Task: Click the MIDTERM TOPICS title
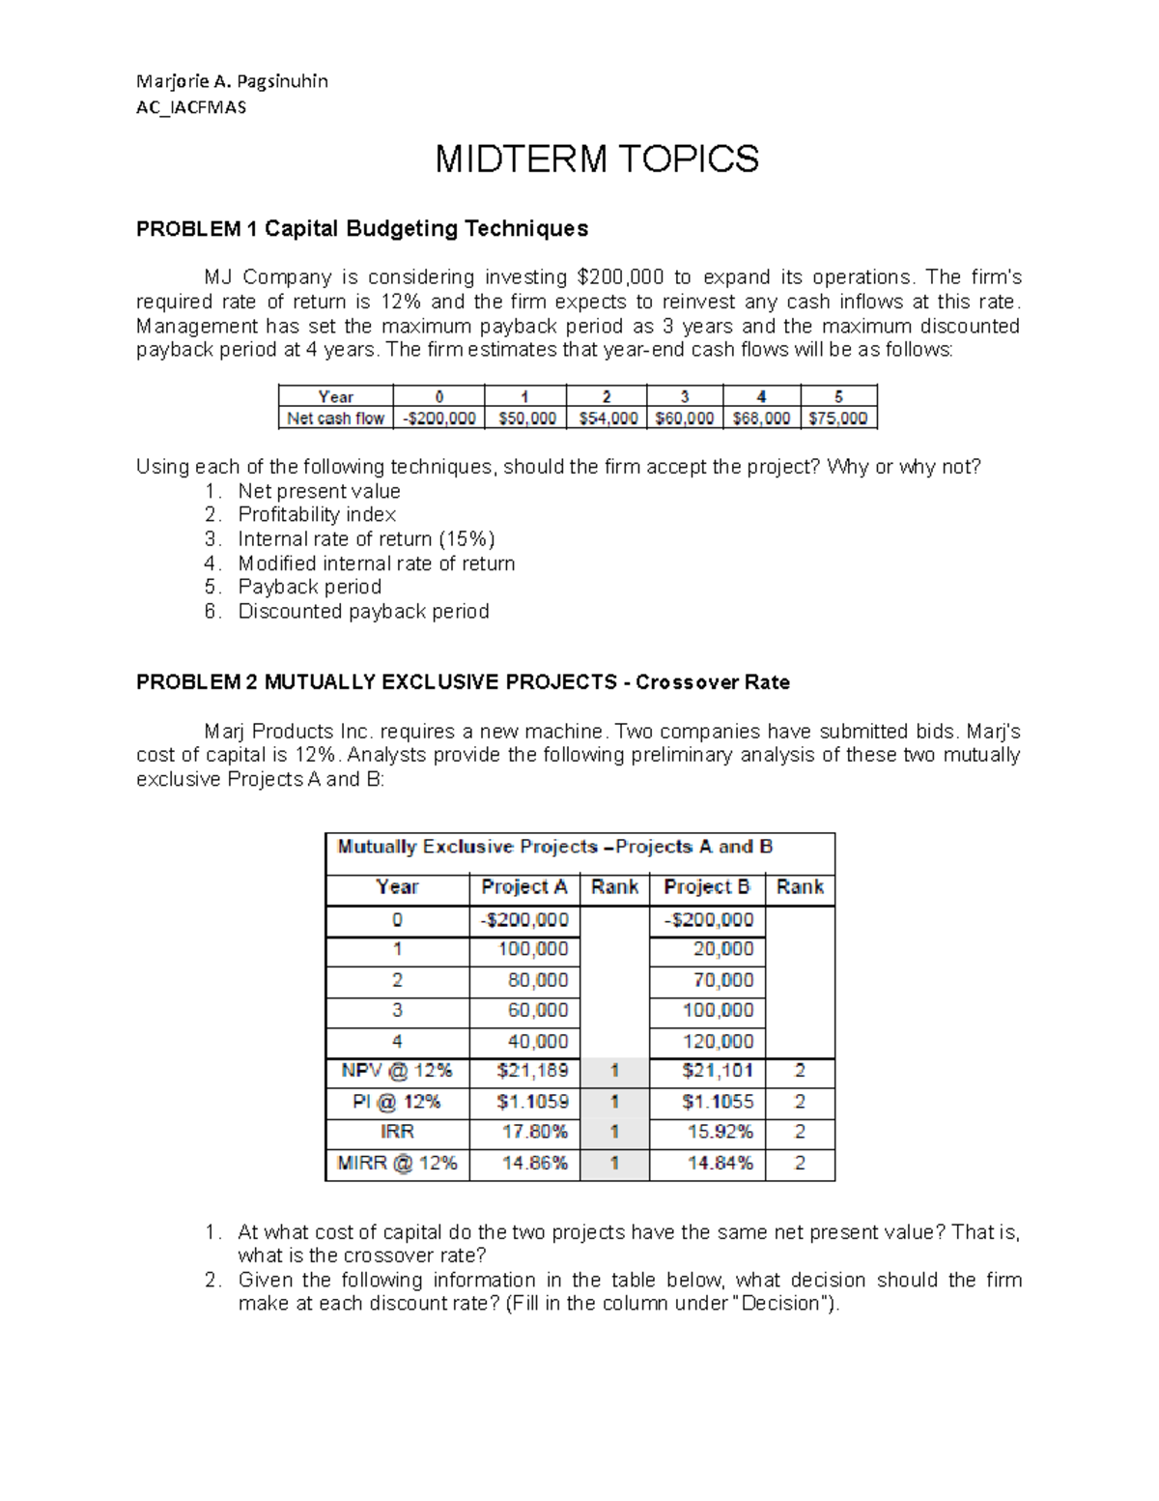point(597,159)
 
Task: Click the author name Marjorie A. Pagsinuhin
point(232,81)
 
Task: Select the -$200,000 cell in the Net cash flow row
point(438,419)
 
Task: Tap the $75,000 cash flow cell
point(838,419)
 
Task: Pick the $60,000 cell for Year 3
point(684,419)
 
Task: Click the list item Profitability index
point(317,514)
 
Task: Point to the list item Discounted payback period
point(363,611)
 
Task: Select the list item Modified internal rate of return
point(376,563)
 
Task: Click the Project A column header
point(523,887)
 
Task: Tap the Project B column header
point(706,887)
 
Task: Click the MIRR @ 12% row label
point(397,1163)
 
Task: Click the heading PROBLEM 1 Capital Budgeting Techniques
point(362,229)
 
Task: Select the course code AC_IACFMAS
point(191,107)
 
